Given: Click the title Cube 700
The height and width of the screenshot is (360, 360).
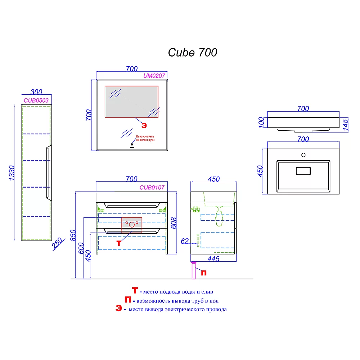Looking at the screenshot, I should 193,53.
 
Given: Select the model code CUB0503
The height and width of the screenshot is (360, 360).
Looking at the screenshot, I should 36,100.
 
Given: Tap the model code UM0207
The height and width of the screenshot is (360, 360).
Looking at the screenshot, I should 154,76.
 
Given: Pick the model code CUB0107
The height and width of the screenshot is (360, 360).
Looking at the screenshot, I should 152,187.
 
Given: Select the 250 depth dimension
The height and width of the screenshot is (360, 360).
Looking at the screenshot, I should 57,246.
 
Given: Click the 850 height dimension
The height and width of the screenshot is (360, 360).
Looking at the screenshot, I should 73,236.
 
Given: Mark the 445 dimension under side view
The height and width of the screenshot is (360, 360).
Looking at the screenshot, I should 213,258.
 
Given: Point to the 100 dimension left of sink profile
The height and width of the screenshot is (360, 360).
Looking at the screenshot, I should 262,122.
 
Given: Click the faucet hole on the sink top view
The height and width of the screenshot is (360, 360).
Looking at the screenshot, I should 303,155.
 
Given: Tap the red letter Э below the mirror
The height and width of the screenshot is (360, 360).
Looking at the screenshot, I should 144,125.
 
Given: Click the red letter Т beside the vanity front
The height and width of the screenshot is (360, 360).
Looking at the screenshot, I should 119,243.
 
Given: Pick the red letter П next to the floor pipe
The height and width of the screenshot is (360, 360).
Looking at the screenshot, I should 203,273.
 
